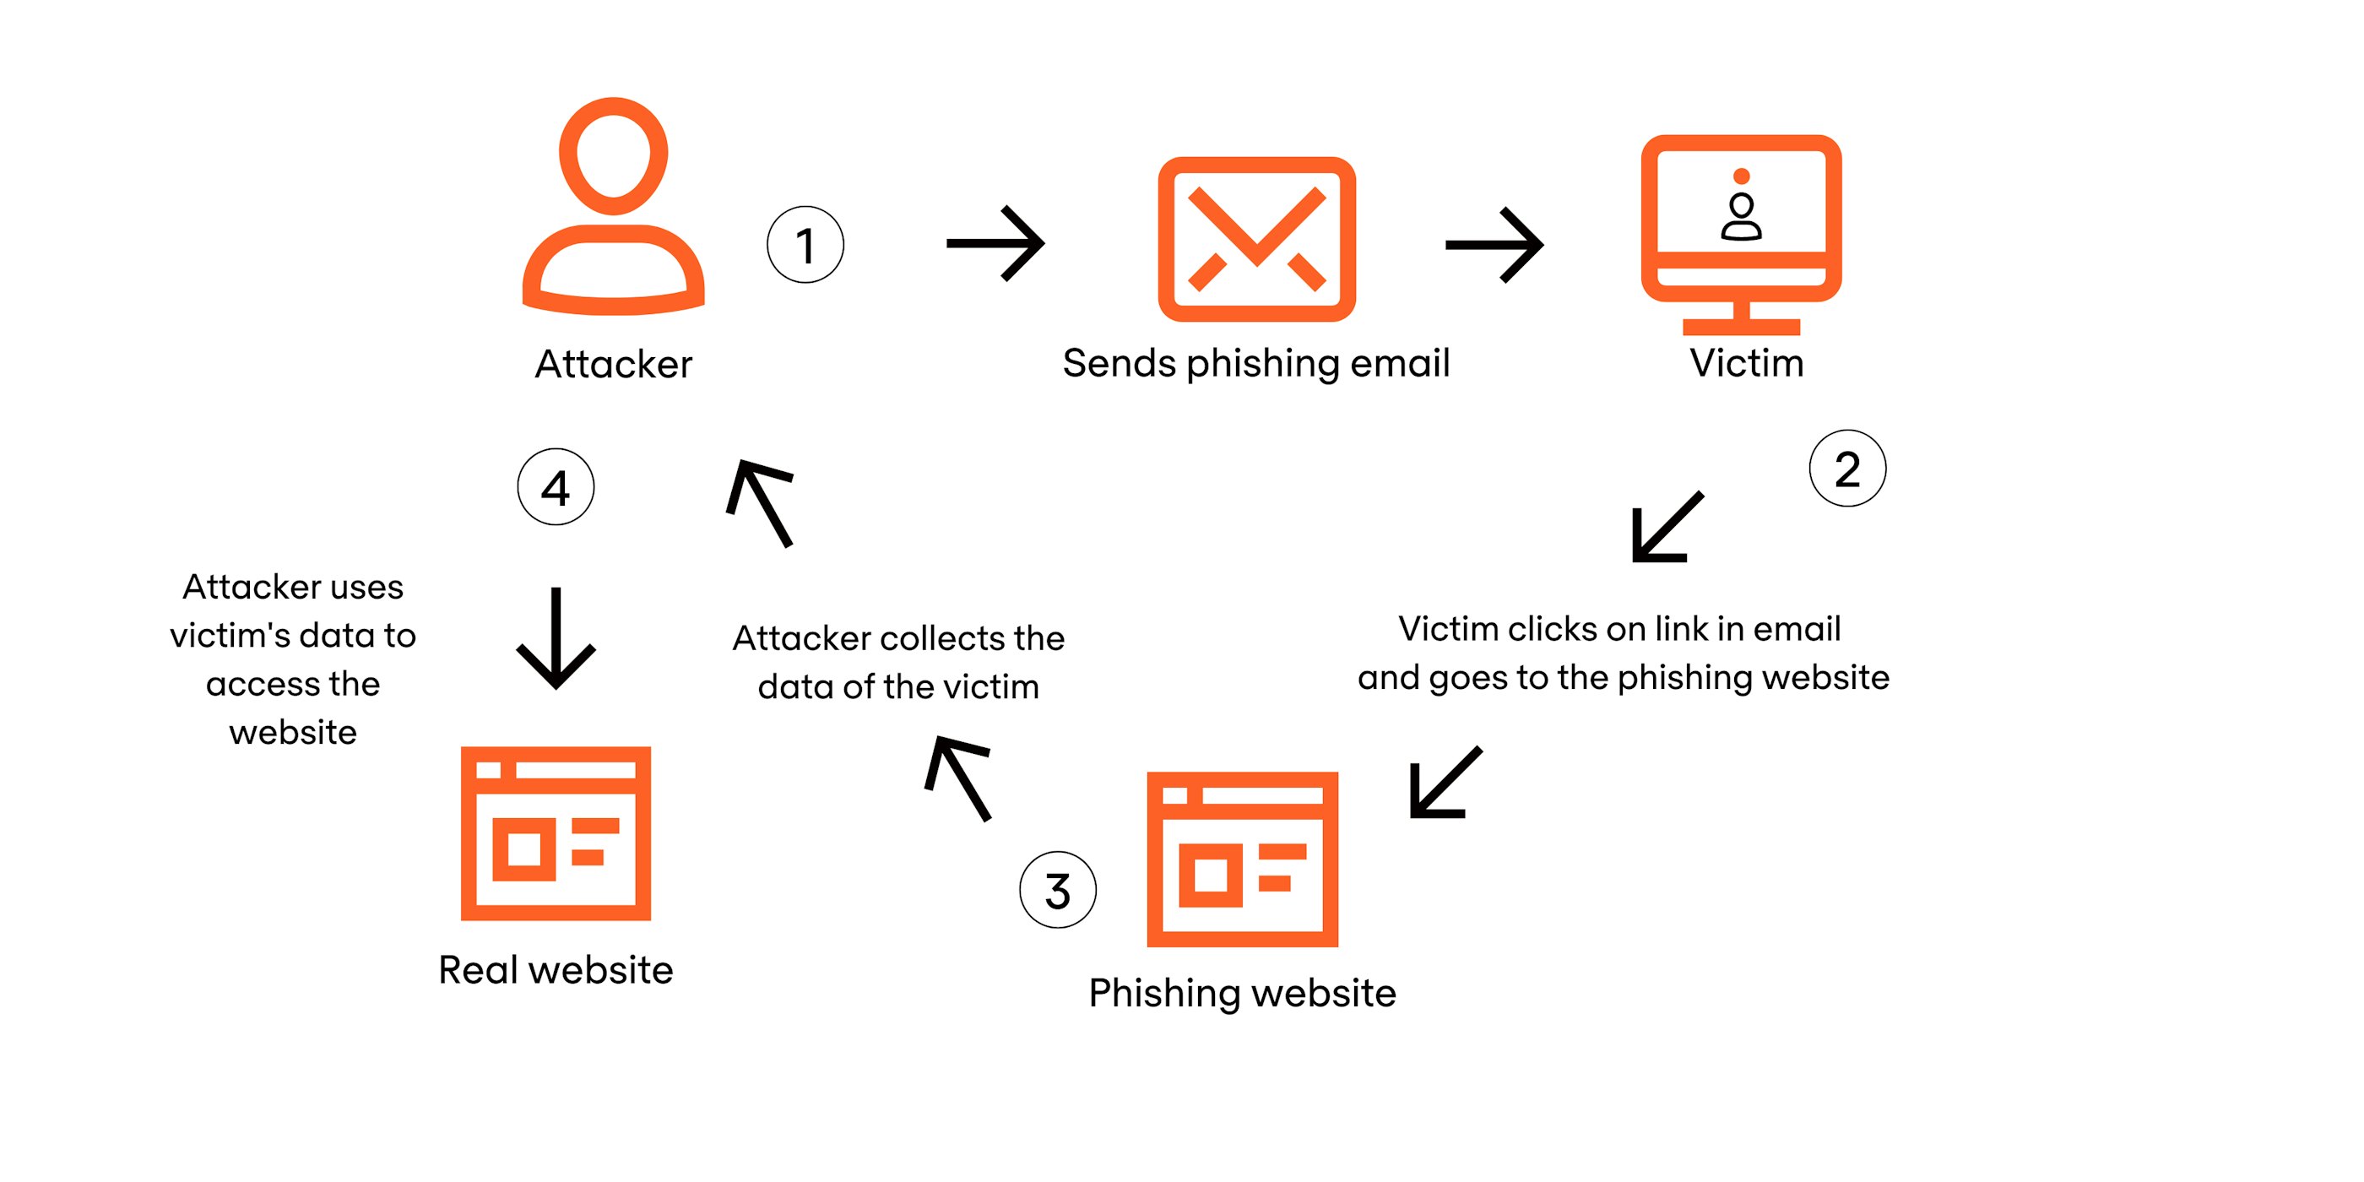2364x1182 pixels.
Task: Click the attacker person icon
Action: coord(613,207)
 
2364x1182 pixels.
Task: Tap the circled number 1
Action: coord(805,244)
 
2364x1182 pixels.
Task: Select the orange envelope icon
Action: coord(1256,239)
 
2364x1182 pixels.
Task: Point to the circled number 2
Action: coord(1846,468)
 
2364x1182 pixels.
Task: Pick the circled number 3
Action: coord(1057,889)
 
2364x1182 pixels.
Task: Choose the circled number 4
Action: coord(556,486)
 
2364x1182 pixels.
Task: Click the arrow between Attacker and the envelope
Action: coord(995,243)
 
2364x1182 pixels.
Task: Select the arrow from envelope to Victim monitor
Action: coord(1494,244)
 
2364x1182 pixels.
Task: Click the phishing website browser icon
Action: coord(1242,858)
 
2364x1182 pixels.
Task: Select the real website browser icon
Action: coord(556,832)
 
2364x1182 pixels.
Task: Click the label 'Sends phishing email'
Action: coord(1255,363)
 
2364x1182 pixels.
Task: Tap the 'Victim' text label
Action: coord(1746,363)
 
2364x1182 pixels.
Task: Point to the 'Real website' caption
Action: coord(556,970)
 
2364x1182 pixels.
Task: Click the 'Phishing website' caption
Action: coord(1242,993)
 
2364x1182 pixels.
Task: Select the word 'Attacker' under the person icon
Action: coord(613,365)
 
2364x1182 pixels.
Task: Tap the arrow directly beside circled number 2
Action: coord(1666,528)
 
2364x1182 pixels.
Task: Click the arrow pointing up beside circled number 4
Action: coord(761,502)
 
